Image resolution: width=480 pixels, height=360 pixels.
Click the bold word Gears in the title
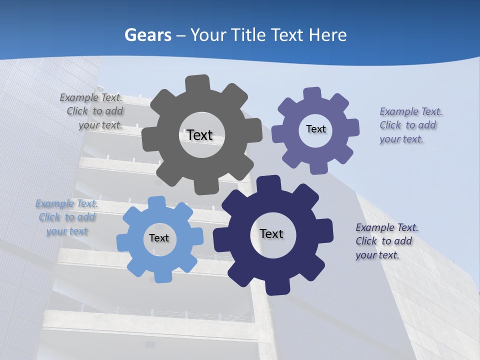click(147, 35)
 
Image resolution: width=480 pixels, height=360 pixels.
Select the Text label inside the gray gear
click(199, 135)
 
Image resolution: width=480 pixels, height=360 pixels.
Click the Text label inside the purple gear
click(315, 129)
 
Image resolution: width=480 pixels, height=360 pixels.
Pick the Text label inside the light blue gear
click(159, 238)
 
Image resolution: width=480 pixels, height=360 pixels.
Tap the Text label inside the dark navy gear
click(271, 234)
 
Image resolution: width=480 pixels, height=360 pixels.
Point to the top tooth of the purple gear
click(312, 94)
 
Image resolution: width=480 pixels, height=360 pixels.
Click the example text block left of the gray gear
click(93, 111)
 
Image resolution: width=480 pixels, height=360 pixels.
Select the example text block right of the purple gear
click(409, 125)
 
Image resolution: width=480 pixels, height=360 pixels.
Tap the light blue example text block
click(66, 217)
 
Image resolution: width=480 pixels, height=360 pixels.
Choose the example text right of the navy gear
click(386, 241)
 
